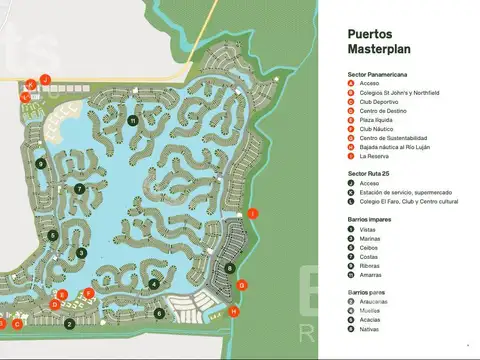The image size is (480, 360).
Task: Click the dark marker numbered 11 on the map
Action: pyautogui.click(x=133, y=121)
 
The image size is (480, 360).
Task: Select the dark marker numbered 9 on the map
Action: pyautogui.click(x=41, y=163)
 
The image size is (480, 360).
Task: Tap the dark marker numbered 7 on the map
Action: pyautogui.click(x=79, y=188)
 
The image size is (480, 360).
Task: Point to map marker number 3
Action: pyautogui.click(x=81, y=253)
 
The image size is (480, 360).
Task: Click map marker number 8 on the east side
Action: pyautogui.click(x=231, y=267)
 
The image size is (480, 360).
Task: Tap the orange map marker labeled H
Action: pyautogui.click(x=234, y=311)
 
